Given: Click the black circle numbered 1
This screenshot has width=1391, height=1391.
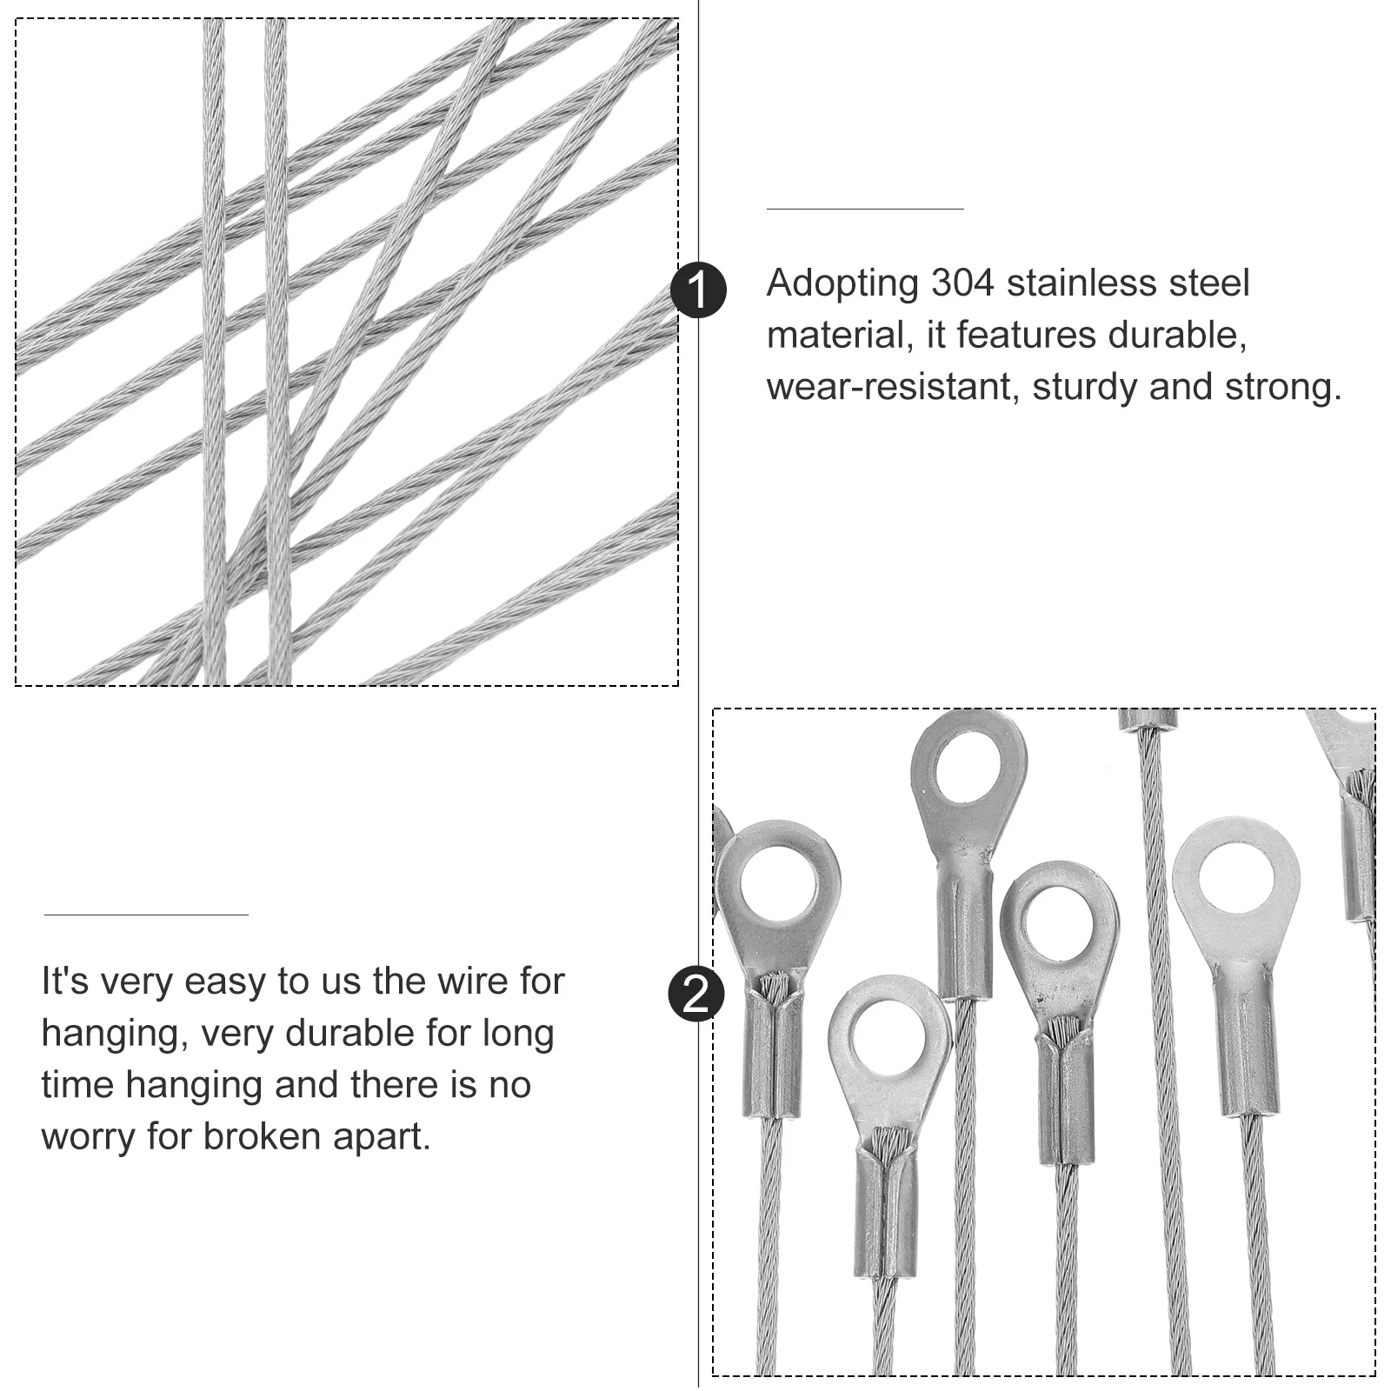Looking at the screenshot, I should [x=698, y=290].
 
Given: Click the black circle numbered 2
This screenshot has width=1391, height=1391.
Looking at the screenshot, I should [x=696, y=993].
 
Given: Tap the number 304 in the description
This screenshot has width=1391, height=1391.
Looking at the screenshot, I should [x=962, y=283].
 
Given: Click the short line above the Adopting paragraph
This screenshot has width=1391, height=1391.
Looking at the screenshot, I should [x=864, y=209].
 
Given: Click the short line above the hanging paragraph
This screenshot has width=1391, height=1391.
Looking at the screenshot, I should [x=146, y=915].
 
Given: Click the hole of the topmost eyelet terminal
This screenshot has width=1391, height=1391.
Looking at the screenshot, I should [x=968, y=768].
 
